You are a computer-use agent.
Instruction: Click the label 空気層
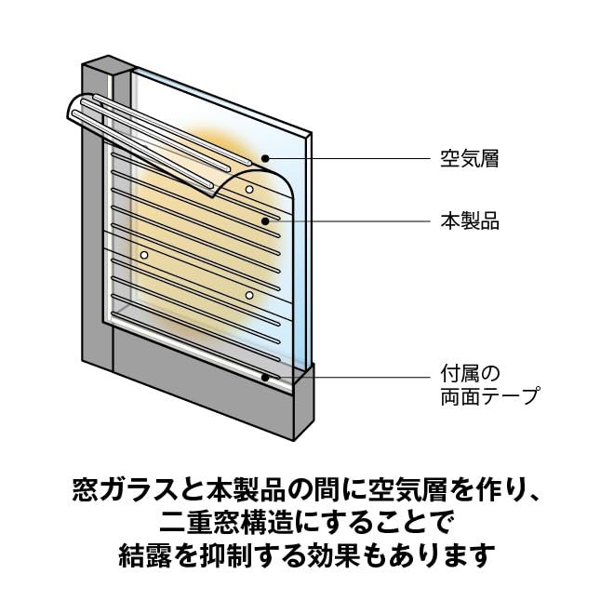click(470, 159)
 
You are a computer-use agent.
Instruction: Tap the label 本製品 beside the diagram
click(470, 221)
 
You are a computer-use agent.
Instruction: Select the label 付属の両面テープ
click(486, 384)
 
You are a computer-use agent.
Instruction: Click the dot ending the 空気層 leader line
click(266, 159)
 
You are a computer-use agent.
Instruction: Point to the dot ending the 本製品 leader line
click(266, 221)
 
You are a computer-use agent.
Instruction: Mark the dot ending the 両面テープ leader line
click(266, 377)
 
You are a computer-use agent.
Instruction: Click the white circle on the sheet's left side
click(144, 253)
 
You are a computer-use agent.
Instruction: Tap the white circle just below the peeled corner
click(249, 189)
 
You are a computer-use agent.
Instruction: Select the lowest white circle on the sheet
click(249, 295)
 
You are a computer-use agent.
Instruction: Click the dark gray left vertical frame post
click(96, 233)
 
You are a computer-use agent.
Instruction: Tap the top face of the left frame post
click(104, 65)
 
